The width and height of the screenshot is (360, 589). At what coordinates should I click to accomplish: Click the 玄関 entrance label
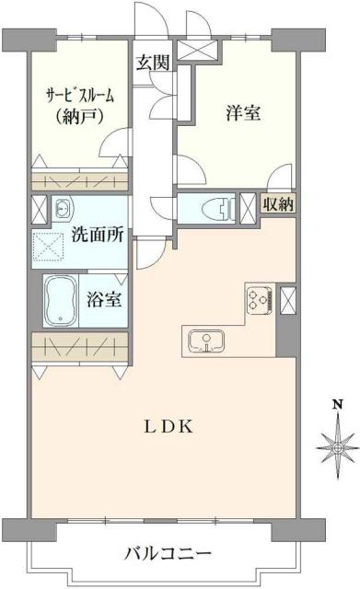coord(152,63)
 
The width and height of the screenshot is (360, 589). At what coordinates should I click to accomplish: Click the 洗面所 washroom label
coord(97,234)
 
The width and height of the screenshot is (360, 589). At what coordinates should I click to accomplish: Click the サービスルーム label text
coord(81,95)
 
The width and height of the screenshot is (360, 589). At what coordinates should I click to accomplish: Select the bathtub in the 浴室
coord(61,299)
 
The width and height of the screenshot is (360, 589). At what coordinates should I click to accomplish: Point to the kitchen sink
coord(208,341)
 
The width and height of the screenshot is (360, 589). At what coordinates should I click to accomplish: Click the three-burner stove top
coord(259,299)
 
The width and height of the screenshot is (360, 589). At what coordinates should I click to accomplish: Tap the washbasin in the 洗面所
coord(61,208)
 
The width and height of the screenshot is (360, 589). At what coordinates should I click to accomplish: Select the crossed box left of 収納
coord(247,205)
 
